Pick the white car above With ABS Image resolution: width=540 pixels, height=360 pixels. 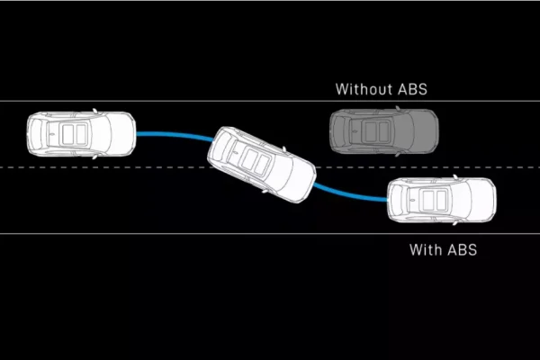coord(441,201)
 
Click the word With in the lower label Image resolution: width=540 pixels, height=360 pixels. coord(427,249)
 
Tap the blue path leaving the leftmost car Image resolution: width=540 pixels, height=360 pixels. coord(171,135)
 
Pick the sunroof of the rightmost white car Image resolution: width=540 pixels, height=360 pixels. coord(427,201)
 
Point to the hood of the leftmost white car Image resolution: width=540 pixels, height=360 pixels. coord(119,134)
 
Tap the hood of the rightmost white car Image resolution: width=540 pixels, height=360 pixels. coord(479,201)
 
